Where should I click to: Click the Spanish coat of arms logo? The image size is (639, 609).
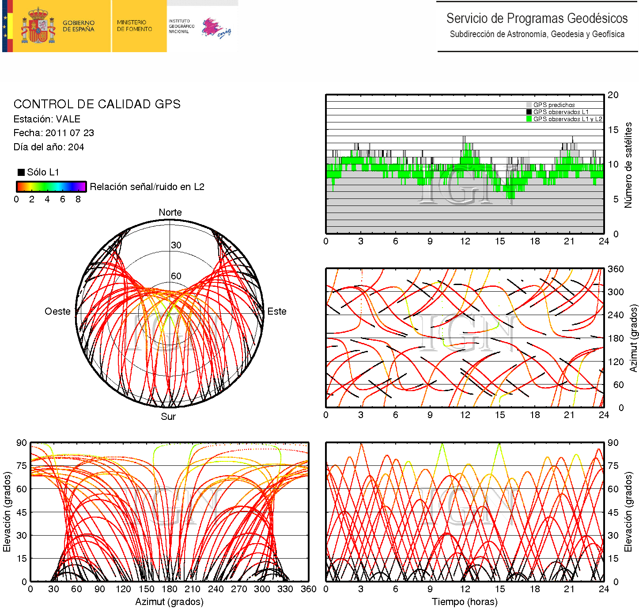[38, 26]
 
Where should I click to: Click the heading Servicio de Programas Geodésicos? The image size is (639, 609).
[537, 19]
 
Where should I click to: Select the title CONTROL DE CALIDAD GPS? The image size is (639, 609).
[97, 104]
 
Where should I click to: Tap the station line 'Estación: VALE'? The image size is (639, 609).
[47, 119]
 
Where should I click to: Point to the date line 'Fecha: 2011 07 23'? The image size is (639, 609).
[53, 133]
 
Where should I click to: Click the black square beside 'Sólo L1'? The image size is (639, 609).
[21, 172]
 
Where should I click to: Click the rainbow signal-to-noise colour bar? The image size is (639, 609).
[51, 187]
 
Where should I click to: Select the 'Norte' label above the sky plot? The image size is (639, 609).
[170, 213]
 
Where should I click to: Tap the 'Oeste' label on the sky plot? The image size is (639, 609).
[57, 312]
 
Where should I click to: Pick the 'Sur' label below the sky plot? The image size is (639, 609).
[168, 417]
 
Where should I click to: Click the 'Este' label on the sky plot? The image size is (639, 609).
[277, 312]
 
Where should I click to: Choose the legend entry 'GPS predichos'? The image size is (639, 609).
[554, 105]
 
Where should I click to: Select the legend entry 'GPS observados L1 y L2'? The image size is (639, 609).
[567, 119]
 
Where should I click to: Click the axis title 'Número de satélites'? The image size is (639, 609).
[628, 165]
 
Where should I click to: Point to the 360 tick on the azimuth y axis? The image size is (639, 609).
[616, 269]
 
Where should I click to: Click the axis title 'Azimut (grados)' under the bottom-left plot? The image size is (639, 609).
[169, 602]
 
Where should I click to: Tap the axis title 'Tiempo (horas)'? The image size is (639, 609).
[465, 602]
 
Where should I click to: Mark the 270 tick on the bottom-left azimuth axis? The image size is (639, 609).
[239, 589]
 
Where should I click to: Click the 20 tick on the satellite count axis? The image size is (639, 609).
[613, 95]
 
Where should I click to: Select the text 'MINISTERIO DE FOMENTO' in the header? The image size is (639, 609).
[134, 26]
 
